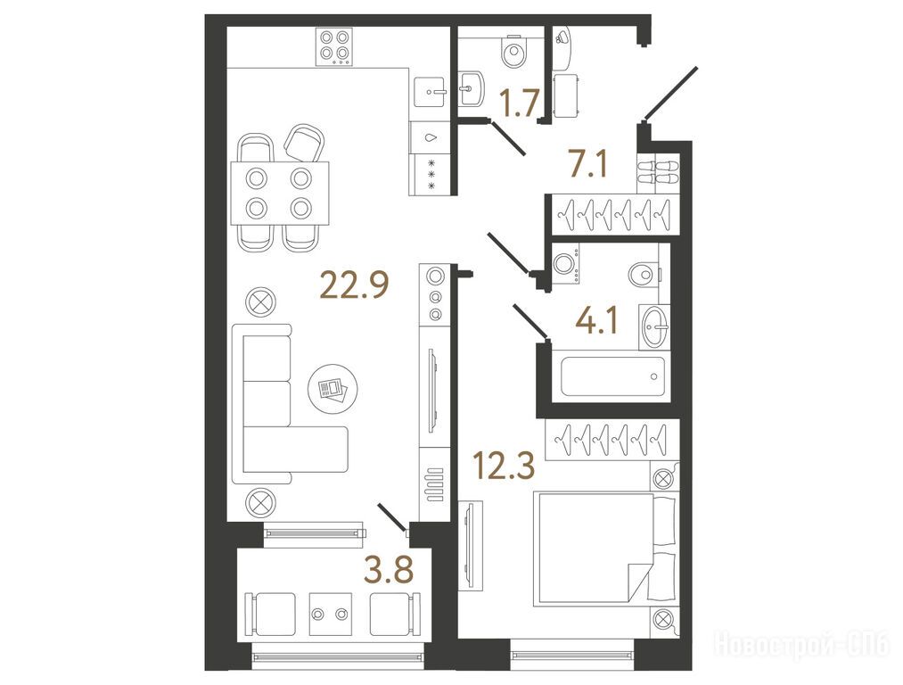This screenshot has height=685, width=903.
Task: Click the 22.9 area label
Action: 355,285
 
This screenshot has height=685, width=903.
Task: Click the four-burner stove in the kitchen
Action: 334,46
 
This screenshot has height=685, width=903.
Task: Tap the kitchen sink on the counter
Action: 429,90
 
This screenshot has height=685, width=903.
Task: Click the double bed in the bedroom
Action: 604,548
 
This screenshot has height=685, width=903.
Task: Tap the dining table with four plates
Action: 280,193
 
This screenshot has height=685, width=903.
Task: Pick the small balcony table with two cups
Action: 331,614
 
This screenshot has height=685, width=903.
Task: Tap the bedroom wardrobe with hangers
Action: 612,439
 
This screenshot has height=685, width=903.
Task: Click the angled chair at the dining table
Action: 303,142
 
